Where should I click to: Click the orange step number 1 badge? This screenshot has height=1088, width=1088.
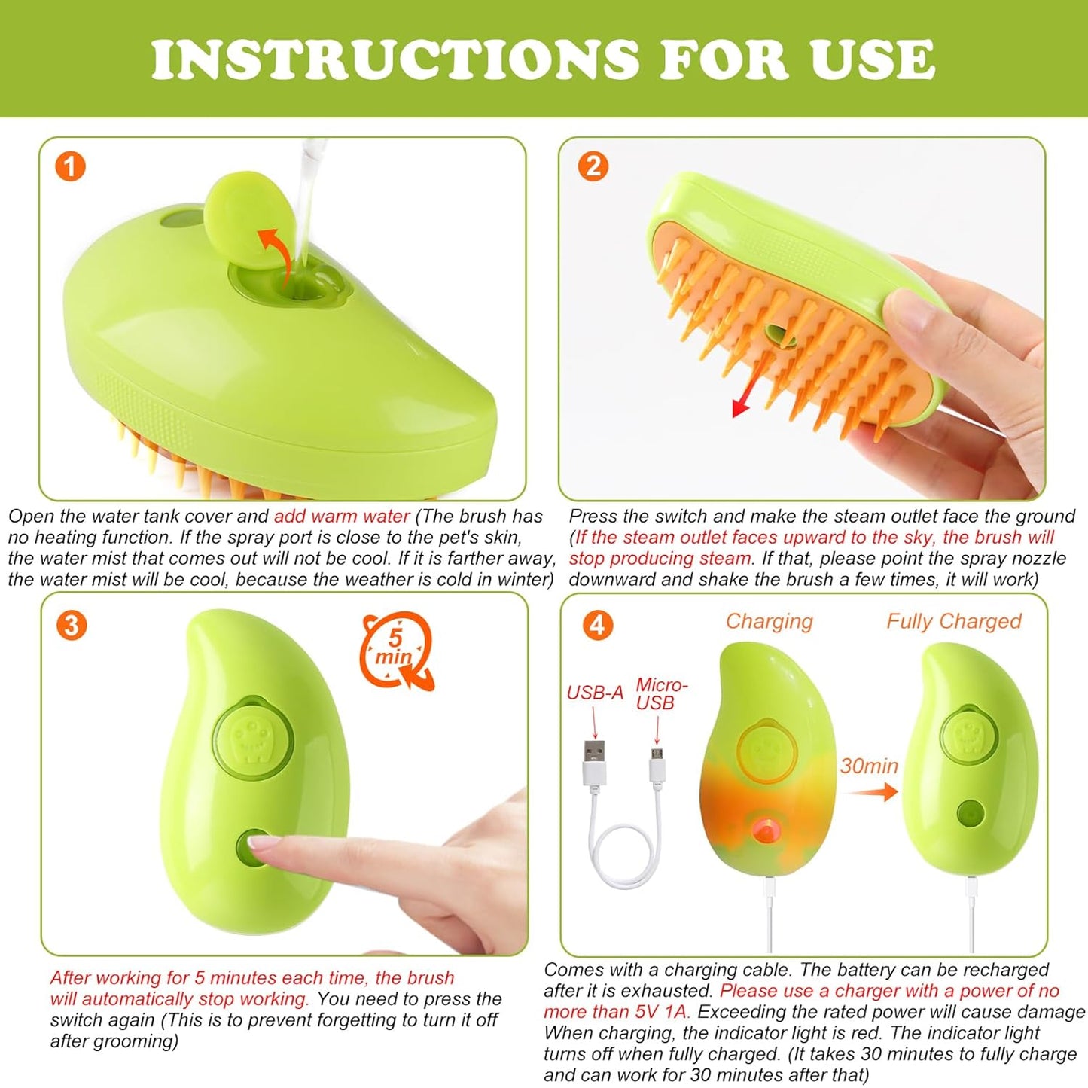click(71, 166)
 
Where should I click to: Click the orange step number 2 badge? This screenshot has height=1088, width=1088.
click(593, 166)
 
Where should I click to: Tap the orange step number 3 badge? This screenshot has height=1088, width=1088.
click(71, 625)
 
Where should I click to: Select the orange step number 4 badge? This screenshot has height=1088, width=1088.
click(597, 625)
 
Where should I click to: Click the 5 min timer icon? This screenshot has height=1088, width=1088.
click(396, 649)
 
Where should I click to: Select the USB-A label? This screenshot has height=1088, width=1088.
click(595, 693)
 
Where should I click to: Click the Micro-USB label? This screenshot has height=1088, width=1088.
click(660, 693)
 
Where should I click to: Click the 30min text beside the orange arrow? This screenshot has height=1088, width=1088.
click(869, 766)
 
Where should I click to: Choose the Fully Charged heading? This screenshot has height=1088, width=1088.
click(953, 621)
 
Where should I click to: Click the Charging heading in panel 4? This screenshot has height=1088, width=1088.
click(769, 621)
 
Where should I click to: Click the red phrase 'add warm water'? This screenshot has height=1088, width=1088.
click(341, 517)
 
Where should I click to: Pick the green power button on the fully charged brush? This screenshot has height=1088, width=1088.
click(968, 813)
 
